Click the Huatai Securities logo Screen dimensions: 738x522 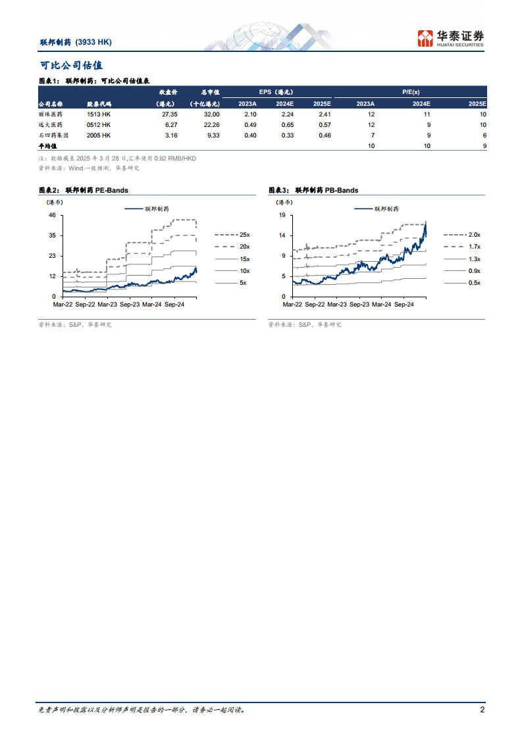(451, 38)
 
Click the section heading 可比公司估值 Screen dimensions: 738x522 (71, 66)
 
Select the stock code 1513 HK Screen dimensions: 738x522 (99, 114)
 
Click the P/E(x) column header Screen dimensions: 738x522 (411, 93)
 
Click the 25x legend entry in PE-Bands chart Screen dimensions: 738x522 (244, 235)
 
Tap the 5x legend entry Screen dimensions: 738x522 (244, 282)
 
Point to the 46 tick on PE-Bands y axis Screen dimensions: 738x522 (51, 215)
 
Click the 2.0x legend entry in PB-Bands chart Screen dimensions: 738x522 (473, 235)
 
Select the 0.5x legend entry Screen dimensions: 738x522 (473, 282)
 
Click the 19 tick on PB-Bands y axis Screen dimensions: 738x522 (281, 215)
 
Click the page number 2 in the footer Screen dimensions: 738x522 (483, 710)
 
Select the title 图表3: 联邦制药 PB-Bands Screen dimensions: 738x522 (313, 190)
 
